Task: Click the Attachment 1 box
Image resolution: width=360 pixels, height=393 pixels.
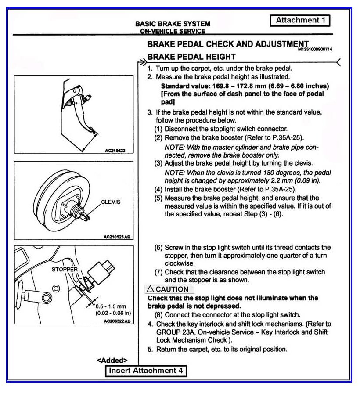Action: coord(300,20)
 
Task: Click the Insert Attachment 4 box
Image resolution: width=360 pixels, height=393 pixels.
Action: coord(146,370)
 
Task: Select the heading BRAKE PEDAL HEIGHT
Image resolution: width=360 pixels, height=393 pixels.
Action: coord(191,57)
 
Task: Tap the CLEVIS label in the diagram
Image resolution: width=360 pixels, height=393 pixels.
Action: coord(111,202)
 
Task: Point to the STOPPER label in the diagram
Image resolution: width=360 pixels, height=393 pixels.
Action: coord(65,269)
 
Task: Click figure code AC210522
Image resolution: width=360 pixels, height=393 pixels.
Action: coord(115,150)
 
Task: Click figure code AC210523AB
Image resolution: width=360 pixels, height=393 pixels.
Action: coord(117,237)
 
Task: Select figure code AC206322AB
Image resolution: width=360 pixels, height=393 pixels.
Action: coord(117,321)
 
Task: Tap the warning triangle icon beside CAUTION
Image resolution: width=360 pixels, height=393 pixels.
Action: coord(150,289)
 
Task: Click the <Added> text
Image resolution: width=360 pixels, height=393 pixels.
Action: coord(112,361)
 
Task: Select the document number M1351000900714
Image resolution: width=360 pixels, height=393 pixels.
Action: coord(315,49)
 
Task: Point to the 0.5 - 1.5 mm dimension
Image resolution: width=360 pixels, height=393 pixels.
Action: coord(111,306)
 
